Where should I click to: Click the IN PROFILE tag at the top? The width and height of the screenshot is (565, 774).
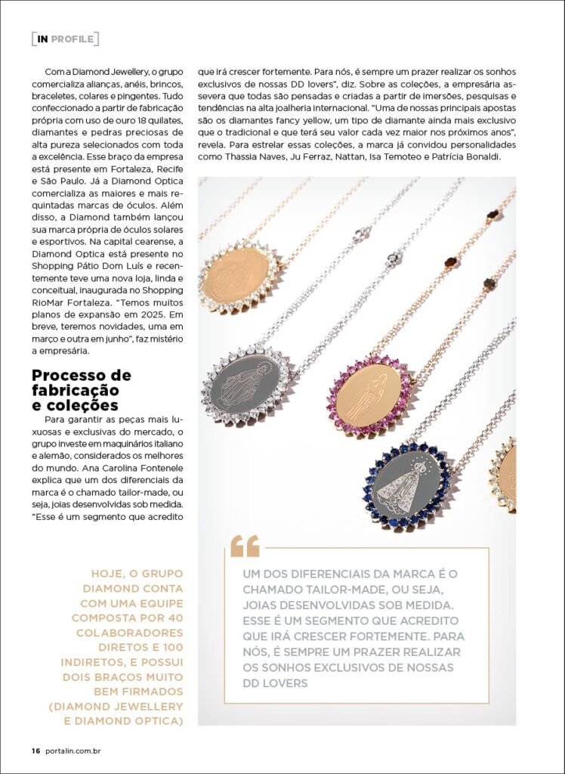click(x=65, y=39)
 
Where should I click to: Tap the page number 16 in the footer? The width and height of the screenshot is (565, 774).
click(x=35, y=751)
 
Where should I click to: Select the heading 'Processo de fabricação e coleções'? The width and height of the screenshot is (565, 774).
click(x=81, y=390)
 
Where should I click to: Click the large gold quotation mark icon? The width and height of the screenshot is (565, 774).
click(x=245, y=546)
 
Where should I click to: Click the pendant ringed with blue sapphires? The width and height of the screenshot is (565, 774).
click(x=407, y=485)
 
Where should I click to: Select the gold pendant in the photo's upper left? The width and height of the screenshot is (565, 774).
click(x=236, y=276)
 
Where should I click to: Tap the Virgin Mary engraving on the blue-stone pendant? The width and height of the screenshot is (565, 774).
click(x=408, y=485)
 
